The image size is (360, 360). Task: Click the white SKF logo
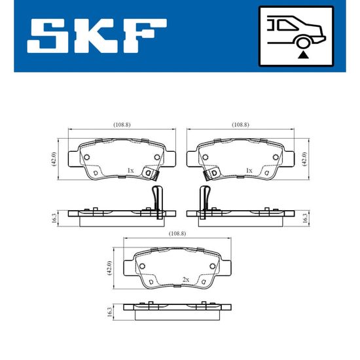pos(97,35)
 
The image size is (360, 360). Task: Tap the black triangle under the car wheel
pos(303,55)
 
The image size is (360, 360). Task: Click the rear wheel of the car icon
pos(303,43)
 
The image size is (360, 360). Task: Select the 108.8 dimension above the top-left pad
pos(122,124)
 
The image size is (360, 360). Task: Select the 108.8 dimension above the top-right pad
pos(240,124)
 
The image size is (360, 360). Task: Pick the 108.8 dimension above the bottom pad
pos(177,234)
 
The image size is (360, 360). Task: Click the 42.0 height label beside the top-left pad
pos(53,159)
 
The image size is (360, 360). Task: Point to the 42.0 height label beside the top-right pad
pos(304,159)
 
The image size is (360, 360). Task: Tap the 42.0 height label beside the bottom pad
pos(109,268)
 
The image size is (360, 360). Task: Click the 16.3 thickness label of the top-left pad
pos(54,218)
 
